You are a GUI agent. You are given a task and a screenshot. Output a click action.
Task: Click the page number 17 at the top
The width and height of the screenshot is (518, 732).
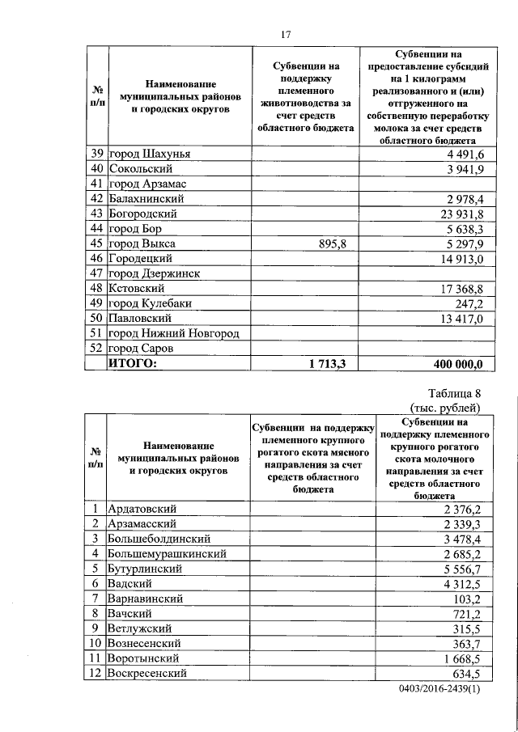(x=285, y=34)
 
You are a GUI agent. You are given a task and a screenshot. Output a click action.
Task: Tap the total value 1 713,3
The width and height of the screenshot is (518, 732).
(x=326, y=364)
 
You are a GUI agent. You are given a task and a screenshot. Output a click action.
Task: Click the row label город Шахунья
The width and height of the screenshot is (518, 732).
(x=155, y=154)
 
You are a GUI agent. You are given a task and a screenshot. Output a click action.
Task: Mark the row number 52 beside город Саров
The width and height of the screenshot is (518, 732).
(x=95, y=349)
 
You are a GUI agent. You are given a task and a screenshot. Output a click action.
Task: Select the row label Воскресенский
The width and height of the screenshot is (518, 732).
(x=148, y=673)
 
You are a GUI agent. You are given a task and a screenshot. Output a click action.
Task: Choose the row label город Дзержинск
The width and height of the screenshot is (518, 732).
(x=154, y=273)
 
